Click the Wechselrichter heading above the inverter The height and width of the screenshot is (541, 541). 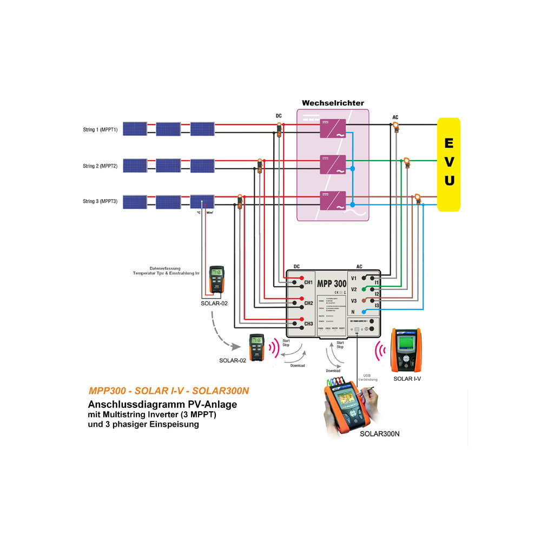tap(333, 103)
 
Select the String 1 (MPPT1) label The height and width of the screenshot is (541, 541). tap(100, 129)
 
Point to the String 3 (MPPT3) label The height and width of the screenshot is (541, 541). tap(100, 201)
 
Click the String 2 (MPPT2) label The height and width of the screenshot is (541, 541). tap(100, 166)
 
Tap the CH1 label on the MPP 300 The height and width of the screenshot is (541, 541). tap(308, 282)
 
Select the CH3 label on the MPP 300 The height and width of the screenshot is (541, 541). tap(308, 324)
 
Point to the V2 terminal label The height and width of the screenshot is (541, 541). tap(354, 289)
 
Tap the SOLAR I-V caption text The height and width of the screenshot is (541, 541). tap(407, 379)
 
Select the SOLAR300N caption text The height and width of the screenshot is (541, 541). tap(379, 434)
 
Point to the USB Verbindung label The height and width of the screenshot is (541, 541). tap(368, 377)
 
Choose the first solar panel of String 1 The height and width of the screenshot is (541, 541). tap(133, 129)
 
